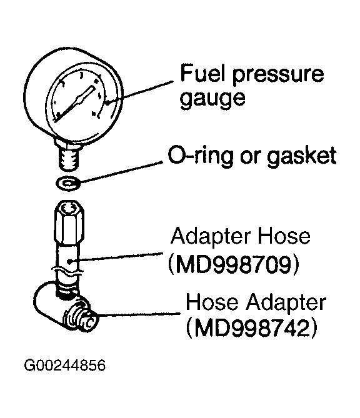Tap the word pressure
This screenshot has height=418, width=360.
coord(278,76)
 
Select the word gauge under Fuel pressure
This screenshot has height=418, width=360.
coord(212,99)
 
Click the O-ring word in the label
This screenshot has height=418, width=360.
coord(200,156)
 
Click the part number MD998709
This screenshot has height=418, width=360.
coord(234,265)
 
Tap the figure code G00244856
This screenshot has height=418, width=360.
coord(65,365)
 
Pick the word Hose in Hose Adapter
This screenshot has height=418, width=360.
coord(212,302)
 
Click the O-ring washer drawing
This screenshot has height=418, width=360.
coord(68,184)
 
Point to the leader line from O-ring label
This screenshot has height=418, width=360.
coord(121,172)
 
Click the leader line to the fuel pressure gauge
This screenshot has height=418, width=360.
coord(139,92)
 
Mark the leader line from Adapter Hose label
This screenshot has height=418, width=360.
coord(116,257)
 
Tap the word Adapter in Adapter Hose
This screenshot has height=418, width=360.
coord(211,236)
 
